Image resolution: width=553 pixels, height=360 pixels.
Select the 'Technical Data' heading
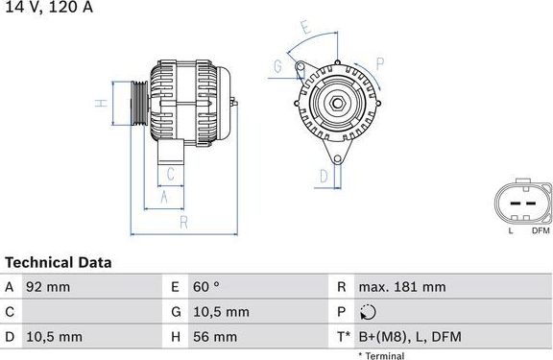pos(59,262)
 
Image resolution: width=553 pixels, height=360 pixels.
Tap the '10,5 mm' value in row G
pos(222,312)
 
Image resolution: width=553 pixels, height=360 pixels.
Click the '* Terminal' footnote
pos(382,355)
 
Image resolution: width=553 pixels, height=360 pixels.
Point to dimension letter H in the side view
pos(99,102)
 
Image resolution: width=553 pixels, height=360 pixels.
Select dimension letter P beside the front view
pos(380,64)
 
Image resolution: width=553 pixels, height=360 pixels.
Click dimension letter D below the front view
pos(324,176)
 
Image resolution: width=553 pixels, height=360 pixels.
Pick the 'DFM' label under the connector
pos(540,229)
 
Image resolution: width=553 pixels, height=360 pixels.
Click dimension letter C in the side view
pos(169,173)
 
